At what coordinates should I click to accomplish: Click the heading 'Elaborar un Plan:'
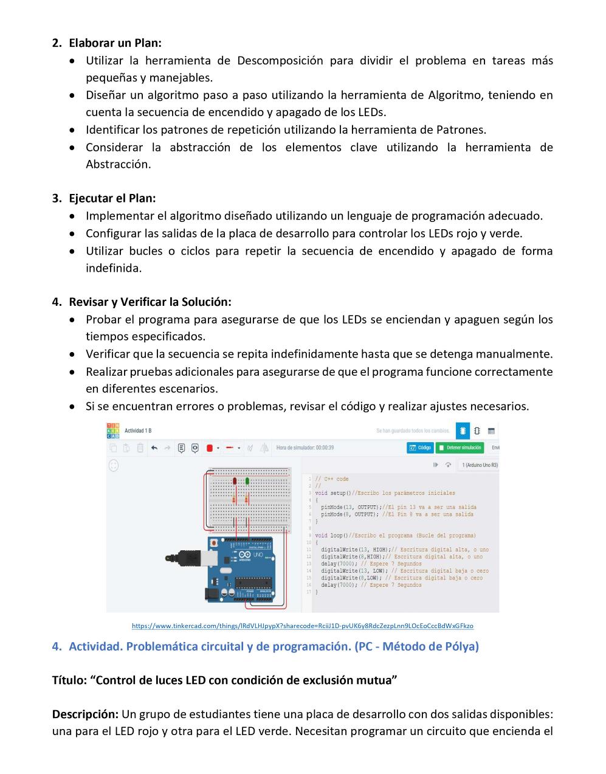[115, 43]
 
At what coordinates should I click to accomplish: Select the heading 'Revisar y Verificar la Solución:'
[150, 302]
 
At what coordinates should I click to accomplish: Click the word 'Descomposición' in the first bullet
[280, 61]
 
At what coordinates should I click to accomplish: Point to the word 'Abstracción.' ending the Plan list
[118, 164]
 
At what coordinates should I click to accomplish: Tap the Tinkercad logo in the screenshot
[113, 430]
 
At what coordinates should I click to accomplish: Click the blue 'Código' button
[420, 447]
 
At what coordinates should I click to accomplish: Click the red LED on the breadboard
[235, 481]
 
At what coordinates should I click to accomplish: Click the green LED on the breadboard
[247, 481]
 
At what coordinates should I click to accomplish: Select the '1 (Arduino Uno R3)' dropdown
[480, 465]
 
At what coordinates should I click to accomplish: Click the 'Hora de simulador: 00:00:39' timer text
[305, 448]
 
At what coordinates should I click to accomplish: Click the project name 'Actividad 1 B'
[138, 431]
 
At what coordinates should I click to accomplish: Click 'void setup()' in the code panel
[330, 493]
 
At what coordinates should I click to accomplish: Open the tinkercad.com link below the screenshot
[302, 626]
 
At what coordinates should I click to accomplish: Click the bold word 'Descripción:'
[85, 714]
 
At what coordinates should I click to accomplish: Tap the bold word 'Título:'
[71, 680]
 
